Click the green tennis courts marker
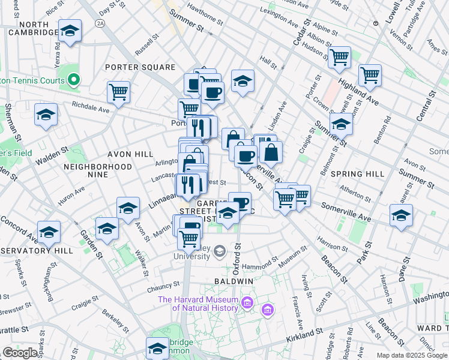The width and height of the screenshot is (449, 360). [74, 79]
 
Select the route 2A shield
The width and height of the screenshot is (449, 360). [100, 23]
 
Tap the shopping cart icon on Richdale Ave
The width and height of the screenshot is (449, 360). [119, 92]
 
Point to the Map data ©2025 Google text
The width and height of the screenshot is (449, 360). [412, 355]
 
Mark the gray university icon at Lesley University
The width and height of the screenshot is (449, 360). [220, 250]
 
